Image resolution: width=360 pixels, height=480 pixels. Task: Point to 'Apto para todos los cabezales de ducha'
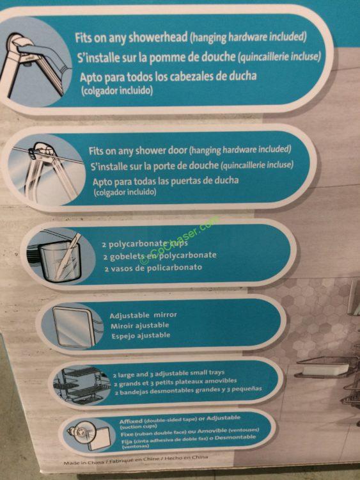(x=168, y=77)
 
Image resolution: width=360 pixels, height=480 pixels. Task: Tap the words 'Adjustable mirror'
(x=143, y=316)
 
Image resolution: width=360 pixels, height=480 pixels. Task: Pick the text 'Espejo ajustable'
(x=140, y=335)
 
